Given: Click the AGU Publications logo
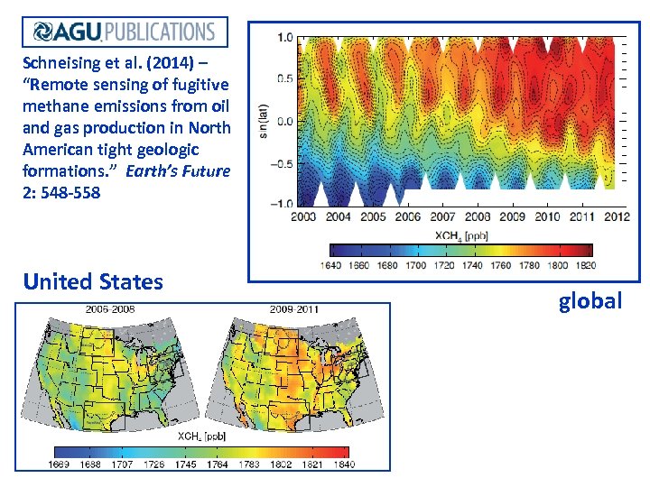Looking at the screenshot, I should [x=125, y=32].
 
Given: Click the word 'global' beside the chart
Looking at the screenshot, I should [x=590, y=300].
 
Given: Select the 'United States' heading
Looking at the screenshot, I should [x=93, y=281].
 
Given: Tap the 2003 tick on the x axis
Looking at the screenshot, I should [x=304, y=216].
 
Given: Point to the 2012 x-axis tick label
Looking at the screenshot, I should [x=617, y=216].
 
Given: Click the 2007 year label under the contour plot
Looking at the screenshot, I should [x=442, y=216].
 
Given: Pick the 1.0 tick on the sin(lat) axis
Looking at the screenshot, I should [x=285, y=37].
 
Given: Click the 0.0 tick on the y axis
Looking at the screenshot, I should [x=285, y=120].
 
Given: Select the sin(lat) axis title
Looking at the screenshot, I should [x=263, y=120].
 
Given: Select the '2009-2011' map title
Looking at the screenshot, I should [x=293, y=309].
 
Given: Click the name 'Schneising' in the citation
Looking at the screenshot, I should [x=60, y=64].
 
